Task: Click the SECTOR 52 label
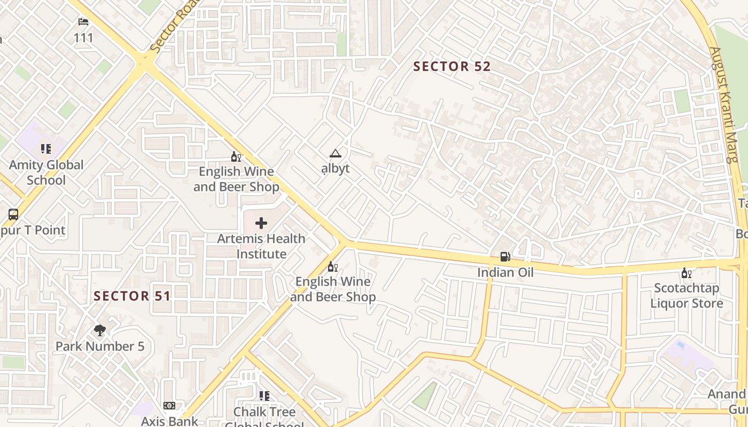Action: [x=451, y=67]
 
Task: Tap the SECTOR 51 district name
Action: [x=132, y=296]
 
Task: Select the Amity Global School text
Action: [x=46, y=172]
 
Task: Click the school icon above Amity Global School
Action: [x=46, y=149]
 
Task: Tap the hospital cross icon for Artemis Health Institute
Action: [x=261, y=223]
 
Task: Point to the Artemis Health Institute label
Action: [x=261, y=246]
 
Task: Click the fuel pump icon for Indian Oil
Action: [x=505, y=257]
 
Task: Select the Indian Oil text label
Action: [x=505, y=273]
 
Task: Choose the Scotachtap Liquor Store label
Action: [x=686, y=296]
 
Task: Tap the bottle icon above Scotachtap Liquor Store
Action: [x=686, y=273]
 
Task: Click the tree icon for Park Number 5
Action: [x=99, y=330]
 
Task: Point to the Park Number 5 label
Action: [x=100, y=346]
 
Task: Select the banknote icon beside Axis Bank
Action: [x=169, y=406]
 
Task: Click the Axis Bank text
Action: [x=169, y=421]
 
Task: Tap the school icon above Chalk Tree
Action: [x=264, y=396]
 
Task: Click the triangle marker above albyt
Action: [x=335, y=154]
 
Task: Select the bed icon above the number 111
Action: [x=83, y=22]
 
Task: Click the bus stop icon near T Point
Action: [x=13, y=215]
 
